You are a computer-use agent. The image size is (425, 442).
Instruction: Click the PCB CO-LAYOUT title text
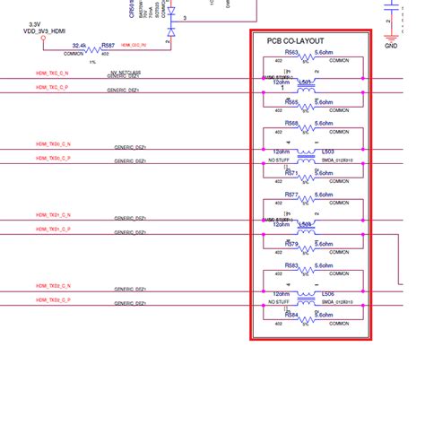pos(295,42)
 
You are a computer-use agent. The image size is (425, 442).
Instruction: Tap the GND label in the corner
pos(391,44)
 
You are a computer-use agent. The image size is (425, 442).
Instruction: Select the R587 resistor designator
pos(108,43)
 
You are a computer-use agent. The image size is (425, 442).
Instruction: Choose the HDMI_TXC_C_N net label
pos(52,73)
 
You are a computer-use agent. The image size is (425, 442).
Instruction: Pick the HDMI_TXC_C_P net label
pos(52,87)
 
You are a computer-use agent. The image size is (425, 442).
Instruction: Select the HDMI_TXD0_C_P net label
pos(54,159)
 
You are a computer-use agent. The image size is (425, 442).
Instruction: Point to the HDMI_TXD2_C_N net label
pos(54,286)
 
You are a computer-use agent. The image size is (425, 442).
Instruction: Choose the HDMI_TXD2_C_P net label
pos(54,300)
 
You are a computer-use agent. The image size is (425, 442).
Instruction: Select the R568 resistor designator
pos(291,125)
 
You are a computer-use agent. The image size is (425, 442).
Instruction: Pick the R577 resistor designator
pos(291,195)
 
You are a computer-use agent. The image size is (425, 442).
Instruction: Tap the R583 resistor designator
pos(291,265)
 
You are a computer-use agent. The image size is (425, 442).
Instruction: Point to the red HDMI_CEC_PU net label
pos(134,43)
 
